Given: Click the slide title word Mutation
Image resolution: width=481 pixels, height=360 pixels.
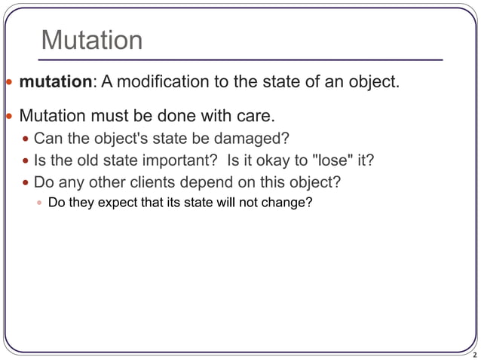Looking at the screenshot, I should [91, 40].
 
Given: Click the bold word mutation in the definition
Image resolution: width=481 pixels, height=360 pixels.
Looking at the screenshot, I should [54, 81].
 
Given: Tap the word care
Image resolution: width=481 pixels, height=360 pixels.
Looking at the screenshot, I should [254, 117].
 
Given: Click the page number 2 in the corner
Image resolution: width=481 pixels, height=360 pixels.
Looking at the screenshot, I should [473, 353].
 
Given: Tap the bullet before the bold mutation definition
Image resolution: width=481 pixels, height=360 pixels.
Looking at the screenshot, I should [8, 81].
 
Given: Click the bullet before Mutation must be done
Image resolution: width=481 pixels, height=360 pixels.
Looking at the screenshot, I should [8, 117].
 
